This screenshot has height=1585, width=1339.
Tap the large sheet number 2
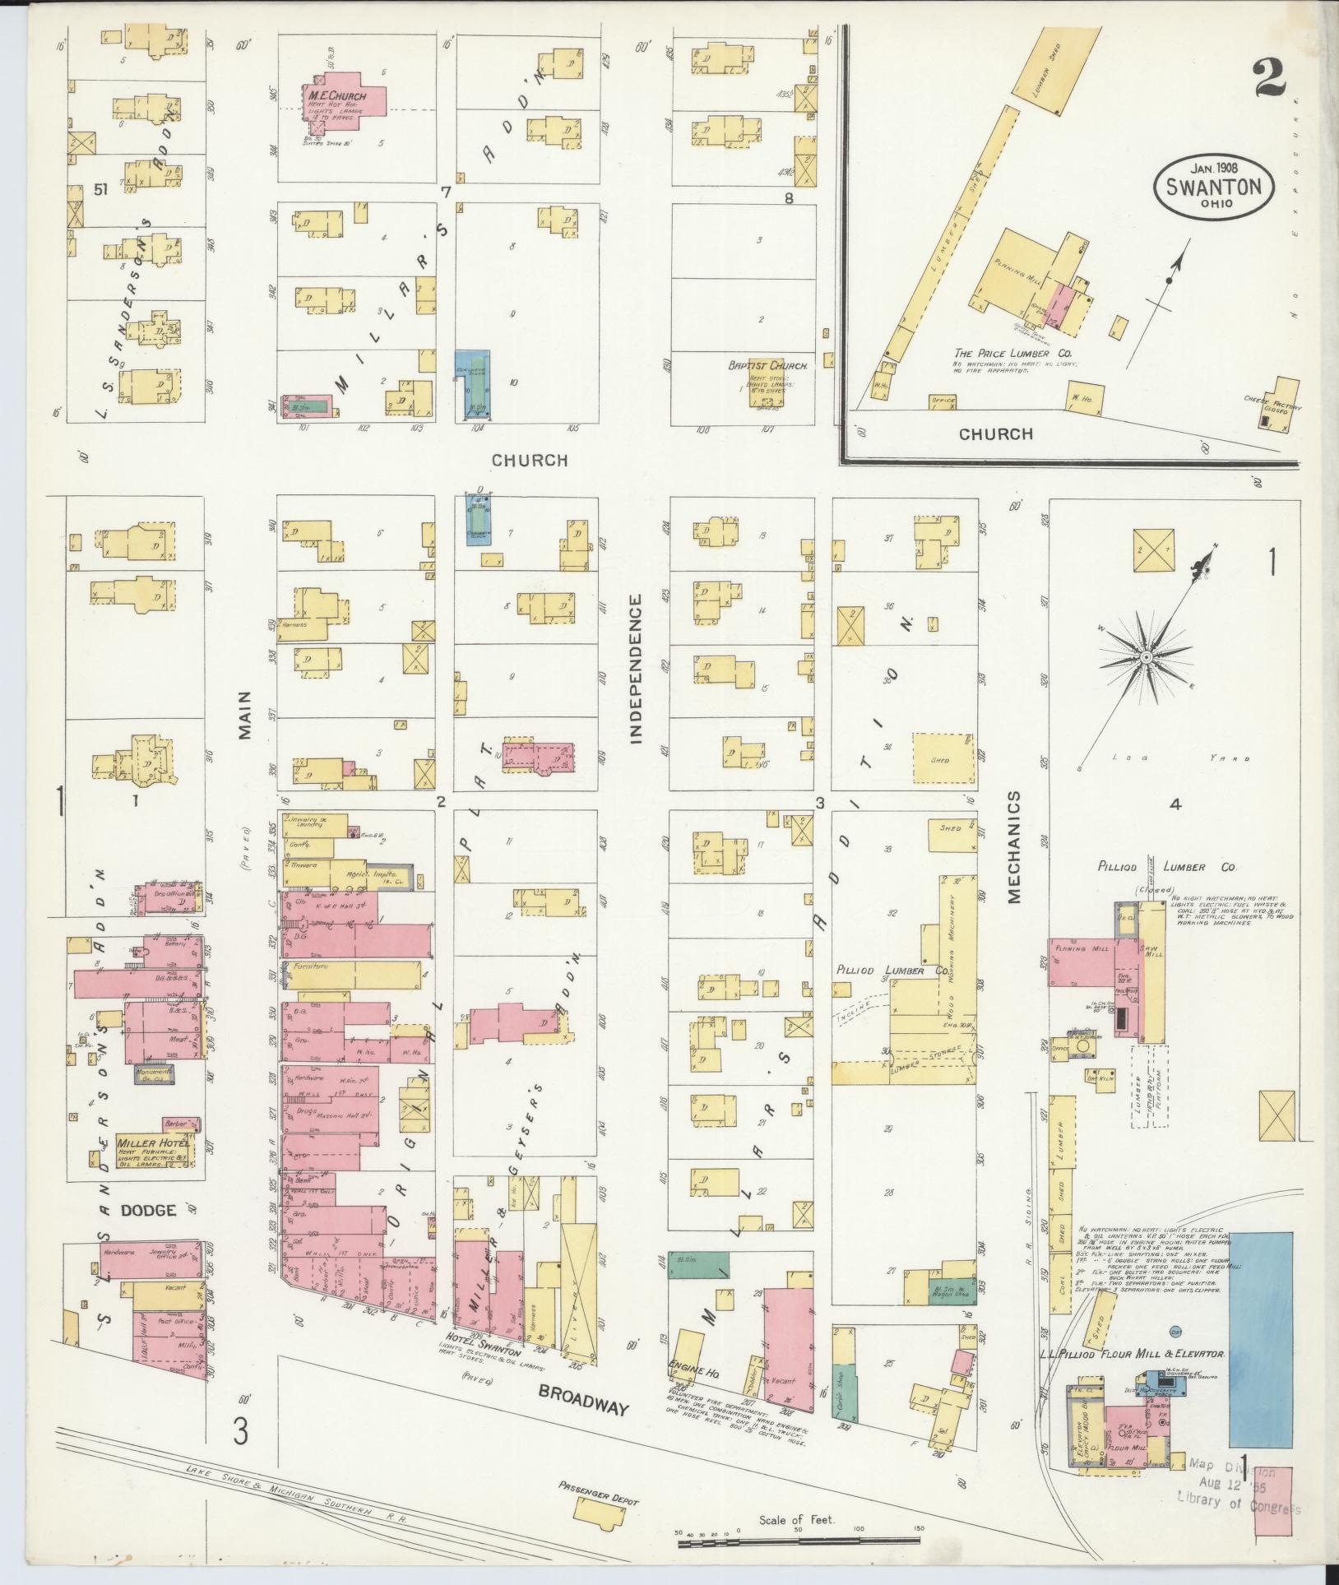click(x=1272, y=80)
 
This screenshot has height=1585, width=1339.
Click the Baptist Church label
click(x=767, y=364)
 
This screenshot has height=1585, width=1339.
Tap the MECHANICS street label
click(x=1013, y=847)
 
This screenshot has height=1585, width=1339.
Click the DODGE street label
click(x=149, y=1210)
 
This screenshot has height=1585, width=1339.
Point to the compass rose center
click(x=1145, y=657)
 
